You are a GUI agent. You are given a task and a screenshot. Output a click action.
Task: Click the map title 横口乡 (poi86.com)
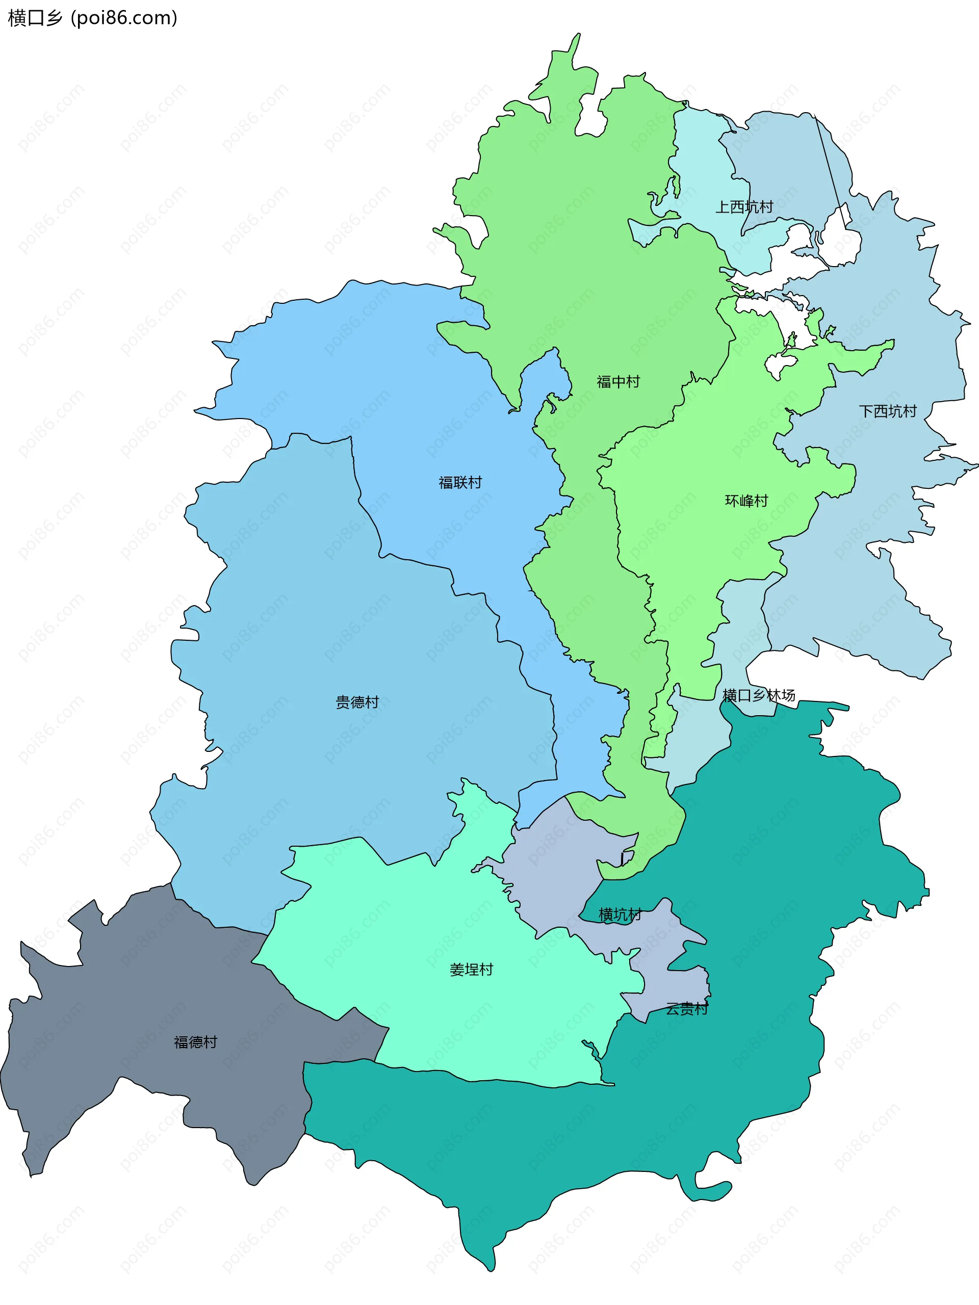click(92, 18)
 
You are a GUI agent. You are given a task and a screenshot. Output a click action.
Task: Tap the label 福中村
click(618, 382)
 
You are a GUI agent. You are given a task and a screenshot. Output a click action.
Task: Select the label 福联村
click(460, 483)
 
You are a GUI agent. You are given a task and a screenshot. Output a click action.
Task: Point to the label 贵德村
click(357, 702)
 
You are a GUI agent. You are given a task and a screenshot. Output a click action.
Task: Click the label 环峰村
click(746, 501)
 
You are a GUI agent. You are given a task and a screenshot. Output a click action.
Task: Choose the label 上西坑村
click(743, 207)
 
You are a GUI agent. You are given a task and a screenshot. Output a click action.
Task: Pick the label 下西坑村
click(888, 411)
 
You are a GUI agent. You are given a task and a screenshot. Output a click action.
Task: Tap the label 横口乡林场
click(758, 695)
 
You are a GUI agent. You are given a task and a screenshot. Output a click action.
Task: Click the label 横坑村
click(620, 915)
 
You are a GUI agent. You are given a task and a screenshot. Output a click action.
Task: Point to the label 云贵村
click(687, 1009)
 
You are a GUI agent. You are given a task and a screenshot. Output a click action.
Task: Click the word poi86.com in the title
click(123, 18)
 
